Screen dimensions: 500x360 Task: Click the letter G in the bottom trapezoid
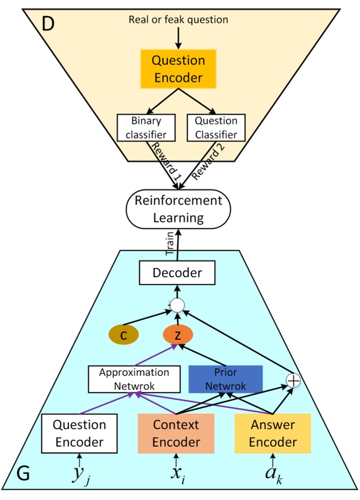(x=26, y=474)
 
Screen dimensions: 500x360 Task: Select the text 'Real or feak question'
(x=178, y=20)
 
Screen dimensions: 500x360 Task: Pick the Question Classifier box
(x=215, y=128)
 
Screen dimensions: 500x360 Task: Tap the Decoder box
(x=177, y=273)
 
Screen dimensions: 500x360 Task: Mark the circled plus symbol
(x=293, y=380)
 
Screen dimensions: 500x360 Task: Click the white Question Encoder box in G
(x=79, y=433)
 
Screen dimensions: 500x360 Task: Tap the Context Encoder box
(x=177, y=433)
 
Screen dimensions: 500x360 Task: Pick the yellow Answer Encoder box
(x=273, y=433)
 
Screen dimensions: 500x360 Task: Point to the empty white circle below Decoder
(x=178, y=305)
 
